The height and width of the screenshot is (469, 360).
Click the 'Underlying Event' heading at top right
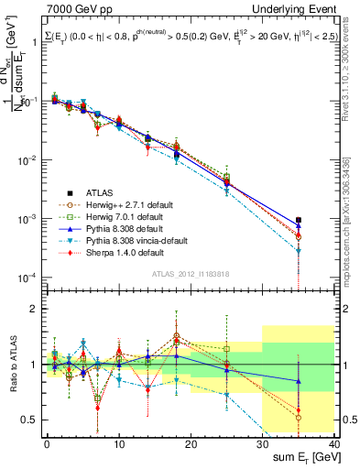[x=297, y=8]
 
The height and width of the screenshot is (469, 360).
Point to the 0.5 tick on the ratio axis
[x=32, y=420]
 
